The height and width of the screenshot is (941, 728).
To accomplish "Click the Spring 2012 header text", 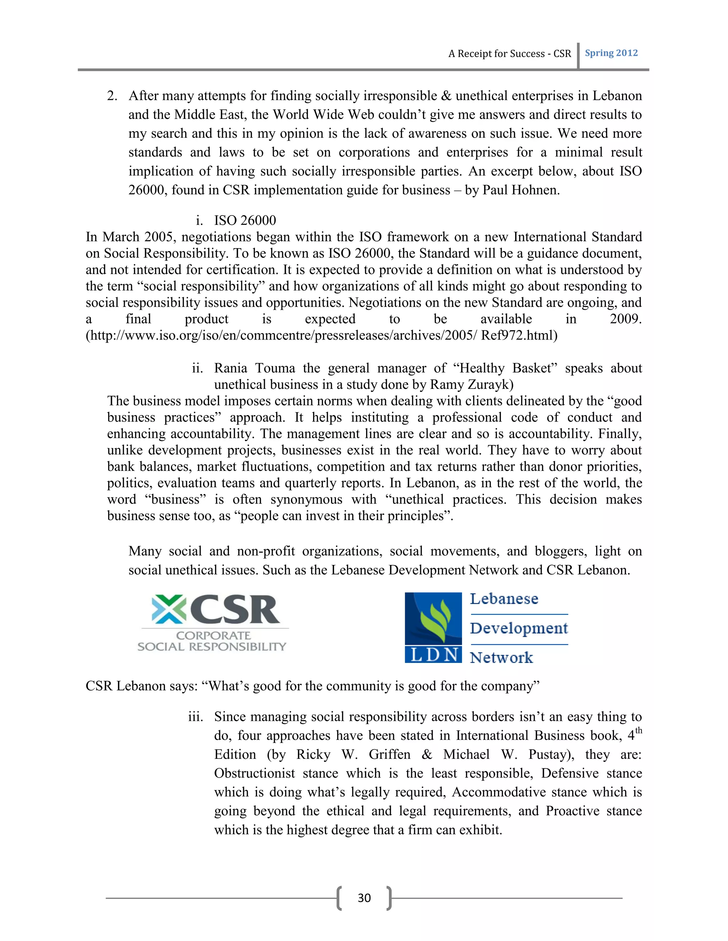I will [x=611, y=53].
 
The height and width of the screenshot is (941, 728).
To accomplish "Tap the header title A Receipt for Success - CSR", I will [x=509, y=54].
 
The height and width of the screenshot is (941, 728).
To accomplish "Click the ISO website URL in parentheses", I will [x=321, y=335].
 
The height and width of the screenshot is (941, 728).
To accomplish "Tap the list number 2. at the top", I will [x=112, y=96].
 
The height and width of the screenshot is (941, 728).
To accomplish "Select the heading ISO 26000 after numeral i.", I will [x=245, y=220].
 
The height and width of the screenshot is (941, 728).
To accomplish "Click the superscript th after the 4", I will [x=638, y=730].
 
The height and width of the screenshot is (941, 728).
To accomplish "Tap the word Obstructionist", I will [x=255, y=773].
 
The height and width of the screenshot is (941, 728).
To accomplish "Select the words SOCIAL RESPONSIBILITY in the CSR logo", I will [x=212, y=647].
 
